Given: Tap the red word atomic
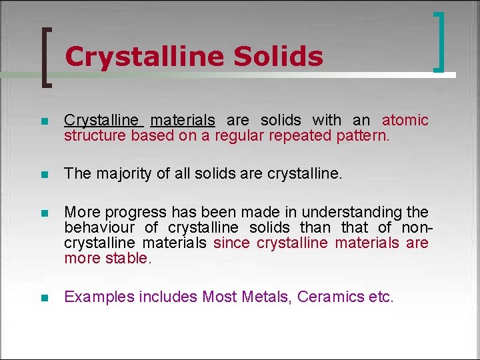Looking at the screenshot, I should tap(405, 120).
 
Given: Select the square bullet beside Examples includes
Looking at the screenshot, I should tap(45, 298).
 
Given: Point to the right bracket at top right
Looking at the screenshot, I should tap(439, 41).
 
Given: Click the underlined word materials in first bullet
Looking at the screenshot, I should tap(183, 120).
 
